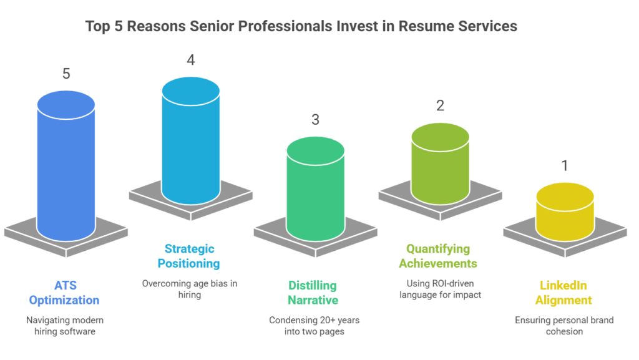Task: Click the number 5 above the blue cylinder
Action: tap(66, 74)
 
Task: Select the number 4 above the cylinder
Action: tap(190, 60)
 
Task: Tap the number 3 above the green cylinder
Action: tap(315, 119)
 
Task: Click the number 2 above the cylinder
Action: tap(440, 105)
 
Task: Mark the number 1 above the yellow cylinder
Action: tap(565, 166)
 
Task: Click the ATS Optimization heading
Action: tap(64, 293)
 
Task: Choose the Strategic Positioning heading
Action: tap(188, 256)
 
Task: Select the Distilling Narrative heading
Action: tap(313, 293)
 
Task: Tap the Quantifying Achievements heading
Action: tap(438, 256)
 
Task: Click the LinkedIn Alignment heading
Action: tap(564, 293)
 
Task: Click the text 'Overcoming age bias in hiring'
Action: tap(189, 289)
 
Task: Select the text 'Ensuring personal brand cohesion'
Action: tap(564, 326)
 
